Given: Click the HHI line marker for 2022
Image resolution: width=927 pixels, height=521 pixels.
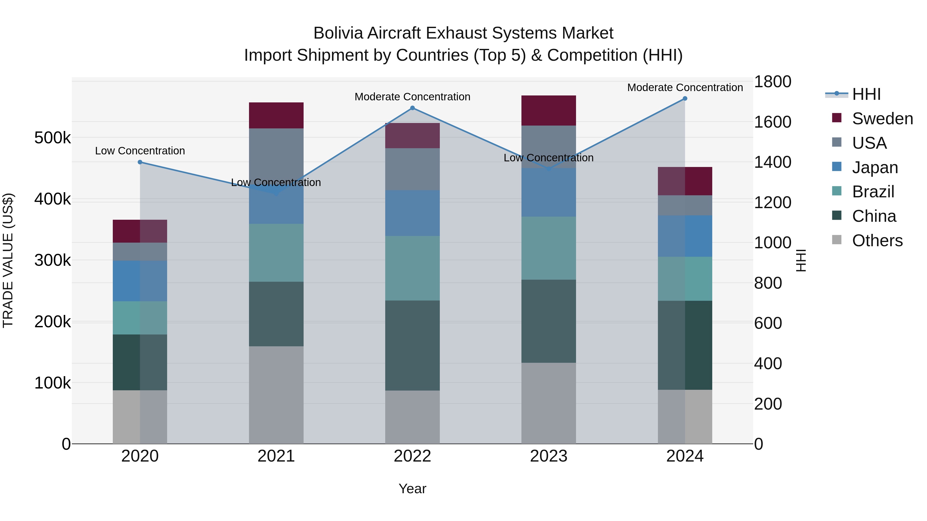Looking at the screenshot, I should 413,108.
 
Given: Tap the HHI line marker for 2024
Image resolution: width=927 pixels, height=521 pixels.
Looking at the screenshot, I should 685,99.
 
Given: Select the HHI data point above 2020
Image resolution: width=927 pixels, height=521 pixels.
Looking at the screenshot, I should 140,162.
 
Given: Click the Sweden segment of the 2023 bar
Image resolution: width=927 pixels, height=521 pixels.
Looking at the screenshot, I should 548,110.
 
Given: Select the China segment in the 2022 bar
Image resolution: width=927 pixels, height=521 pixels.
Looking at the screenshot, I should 413,345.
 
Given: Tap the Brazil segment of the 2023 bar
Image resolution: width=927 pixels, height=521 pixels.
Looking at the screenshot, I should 548,248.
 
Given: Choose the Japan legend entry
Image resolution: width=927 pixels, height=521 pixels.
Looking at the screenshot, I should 874,167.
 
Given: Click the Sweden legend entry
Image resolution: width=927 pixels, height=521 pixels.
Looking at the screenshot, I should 882,119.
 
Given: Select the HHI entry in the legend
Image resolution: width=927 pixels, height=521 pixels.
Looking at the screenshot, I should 866,94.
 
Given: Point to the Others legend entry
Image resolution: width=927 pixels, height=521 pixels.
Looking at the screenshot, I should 877,241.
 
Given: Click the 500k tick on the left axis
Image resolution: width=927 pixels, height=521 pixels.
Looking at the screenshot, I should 53,138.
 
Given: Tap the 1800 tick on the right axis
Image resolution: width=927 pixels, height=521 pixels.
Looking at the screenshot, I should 772,82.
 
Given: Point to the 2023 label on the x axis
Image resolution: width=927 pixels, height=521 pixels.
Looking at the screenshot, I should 548,456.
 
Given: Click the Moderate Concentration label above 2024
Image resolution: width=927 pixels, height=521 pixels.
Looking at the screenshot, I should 685,87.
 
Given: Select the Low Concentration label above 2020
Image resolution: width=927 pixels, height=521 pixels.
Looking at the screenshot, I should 140,151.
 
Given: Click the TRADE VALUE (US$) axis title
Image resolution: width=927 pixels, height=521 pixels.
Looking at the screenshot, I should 8,260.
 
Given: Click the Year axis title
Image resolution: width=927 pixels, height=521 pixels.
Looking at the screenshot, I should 413,489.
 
